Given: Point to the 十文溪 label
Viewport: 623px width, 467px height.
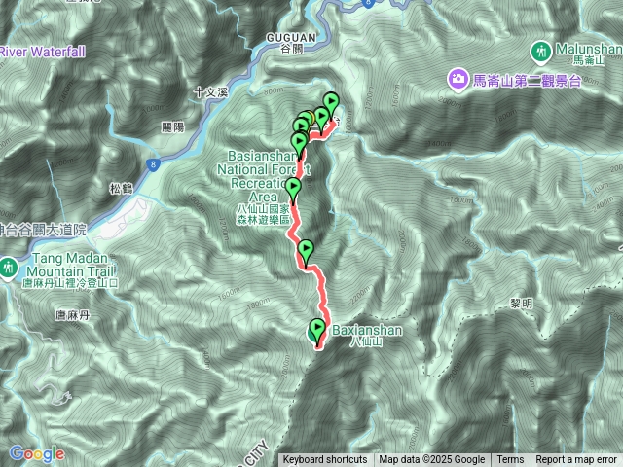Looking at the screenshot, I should [209, 91].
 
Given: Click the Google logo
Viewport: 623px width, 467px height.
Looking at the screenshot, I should [36, 453].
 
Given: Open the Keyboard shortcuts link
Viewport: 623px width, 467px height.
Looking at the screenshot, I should [325, 460].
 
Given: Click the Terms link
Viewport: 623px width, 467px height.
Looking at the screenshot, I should [510, 460].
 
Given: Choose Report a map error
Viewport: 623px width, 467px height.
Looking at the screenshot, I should [577, 460].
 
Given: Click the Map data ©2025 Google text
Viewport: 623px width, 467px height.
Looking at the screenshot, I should [432, 460].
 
